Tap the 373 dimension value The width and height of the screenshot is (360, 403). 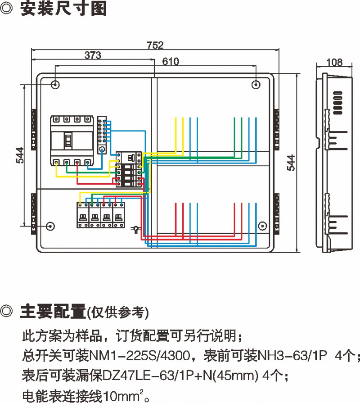click(x=93, y=55)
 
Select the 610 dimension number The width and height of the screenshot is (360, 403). click(x=171, y=62)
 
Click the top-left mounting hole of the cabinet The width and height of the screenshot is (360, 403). click(x=55, y=84)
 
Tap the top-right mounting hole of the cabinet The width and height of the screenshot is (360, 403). click(x=255, y=84)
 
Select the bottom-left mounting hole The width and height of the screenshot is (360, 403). click(x=50, y=226)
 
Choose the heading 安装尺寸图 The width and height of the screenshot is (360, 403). click(x=63, y=10)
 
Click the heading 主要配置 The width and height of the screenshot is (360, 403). click(x=53, y=311)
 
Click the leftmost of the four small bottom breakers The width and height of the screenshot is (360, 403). click(x=83, y=215)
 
